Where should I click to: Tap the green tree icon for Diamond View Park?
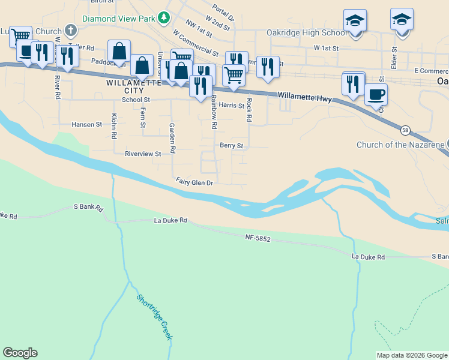coord(163,19)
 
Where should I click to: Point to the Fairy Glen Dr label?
coord(195,181)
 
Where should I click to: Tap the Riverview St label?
coord(143,154)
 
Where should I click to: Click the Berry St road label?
coord(231,145)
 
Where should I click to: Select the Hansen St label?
coord(86,124)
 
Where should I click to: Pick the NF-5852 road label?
coord(258,239)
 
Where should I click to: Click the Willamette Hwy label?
coord(304,95)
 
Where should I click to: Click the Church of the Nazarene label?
coord(400,145)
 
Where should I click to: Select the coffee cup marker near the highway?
coord(376,95)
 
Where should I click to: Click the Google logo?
coord(20,353)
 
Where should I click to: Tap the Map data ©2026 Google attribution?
coord(412,355)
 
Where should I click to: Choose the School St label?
coord(135,100)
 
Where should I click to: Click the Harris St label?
coord(231,105)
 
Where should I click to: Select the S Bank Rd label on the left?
coord(88,207)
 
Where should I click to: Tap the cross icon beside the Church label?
coord(71,29)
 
